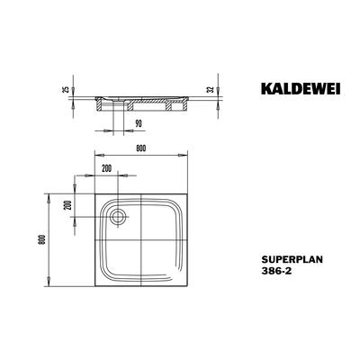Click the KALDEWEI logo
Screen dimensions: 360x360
(x=301, y=88)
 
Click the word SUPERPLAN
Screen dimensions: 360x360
(x=292, y=259)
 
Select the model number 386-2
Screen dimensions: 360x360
(x=276, y=271)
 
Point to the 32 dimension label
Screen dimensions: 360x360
(x=211, y=89)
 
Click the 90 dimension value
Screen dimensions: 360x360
(x=138, y=123)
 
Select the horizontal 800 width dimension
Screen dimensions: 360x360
(x=140, y=148)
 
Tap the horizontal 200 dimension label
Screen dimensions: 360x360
(x=106, y=168)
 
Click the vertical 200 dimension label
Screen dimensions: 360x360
(x=68, y=205)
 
